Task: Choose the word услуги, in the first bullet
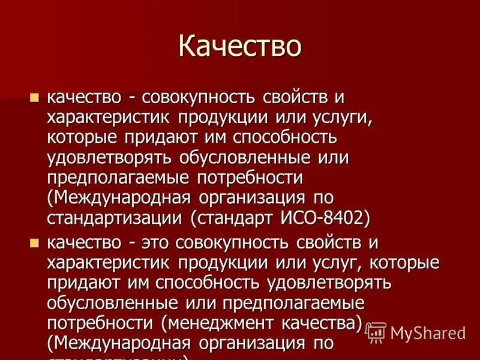coord(337,118)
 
